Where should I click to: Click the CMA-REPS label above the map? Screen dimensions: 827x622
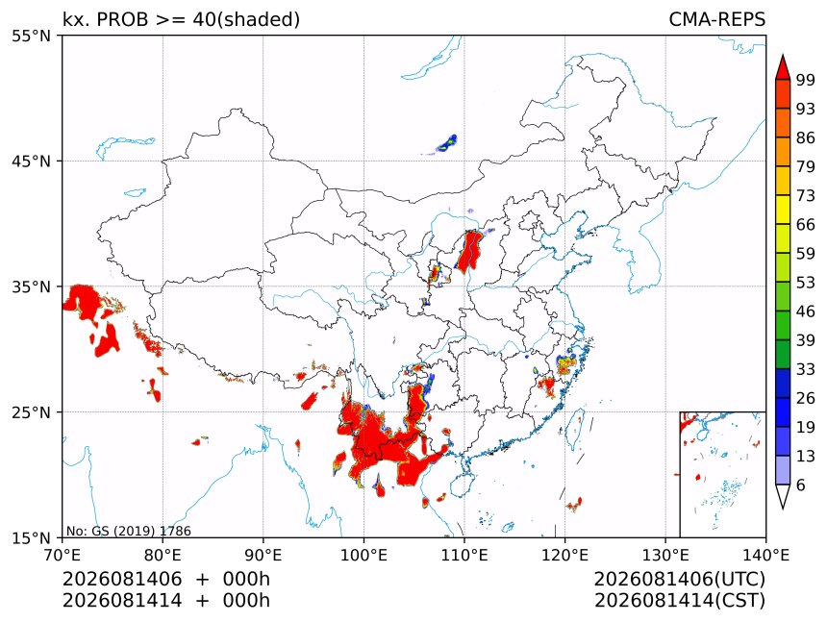[716, 19]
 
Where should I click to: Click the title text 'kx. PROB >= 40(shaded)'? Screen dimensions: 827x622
[182, 19]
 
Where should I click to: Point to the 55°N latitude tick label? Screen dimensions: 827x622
[31, 36]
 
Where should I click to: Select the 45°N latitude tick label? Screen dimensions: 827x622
[31, 161]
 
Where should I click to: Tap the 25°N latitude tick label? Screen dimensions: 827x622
[31, 411]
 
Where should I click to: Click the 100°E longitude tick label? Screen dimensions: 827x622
[363, 555]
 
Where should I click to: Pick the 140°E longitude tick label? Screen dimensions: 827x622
[765, 555]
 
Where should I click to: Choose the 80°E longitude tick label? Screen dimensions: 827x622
[163, 555]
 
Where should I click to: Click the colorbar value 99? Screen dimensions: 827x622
[806, 80]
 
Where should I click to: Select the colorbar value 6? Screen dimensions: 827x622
[801, 485]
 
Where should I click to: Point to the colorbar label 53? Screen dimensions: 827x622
[806, 283]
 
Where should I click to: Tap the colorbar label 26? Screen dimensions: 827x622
[806, 398]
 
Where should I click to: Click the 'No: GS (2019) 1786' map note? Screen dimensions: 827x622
[129, 531]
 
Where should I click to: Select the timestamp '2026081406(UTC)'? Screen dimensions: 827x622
[680, 579]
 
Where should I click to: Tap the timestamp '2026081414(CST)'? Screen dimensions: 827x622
[680, 601]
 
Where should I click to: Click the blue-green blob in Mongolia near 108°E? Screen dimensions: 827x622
[447, 143]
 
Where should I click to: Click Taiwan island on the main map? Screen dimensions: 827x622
[574, 428]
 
